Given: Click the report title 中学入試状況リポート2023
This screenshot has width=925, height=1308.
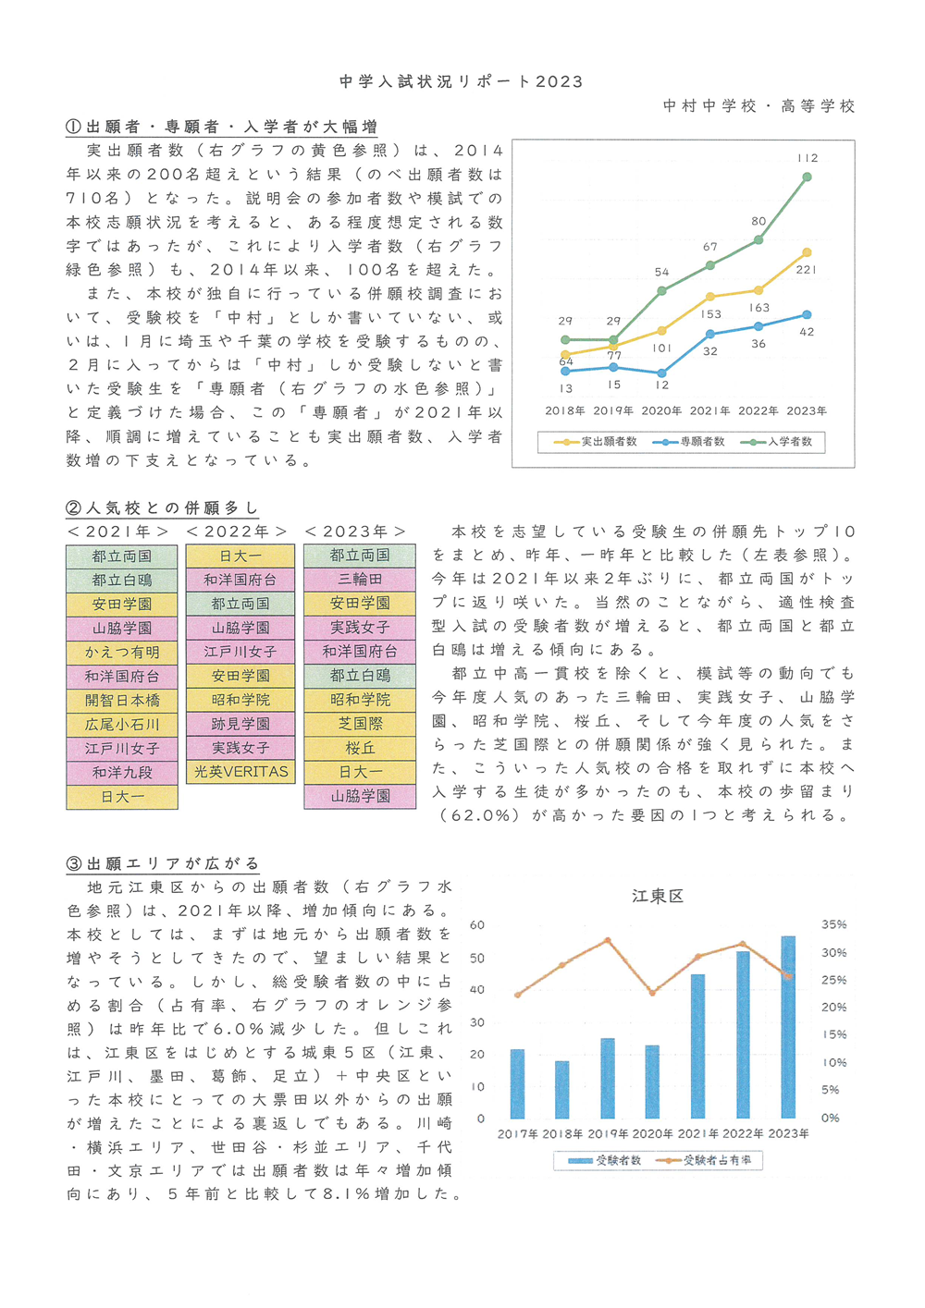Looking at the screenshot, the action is pyautogui.click(x=461, y=81).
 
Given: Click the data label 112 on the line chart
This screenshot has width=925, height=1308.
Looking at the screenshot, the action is pyautogui.click(x=808, y=158).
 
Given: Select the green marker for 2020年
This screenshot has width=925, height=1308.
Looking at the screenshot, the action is pyautogui.click(x=661, y=291).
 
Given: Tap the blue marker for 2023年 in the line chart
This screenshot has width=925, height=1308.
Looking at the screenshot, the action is pyautogui.click(x=807, y=314).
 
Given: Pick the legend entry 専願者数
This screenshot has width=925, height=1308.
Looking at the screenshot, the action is pyautogui.click(x=688, y=442).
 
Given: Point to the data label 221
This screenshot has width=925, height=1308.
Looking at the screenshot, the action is pyautogui.click(x=807, y=270).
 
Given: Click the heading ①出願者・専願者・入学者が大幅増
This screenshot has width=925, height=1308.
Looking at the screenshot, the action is pyautogui.click(x=221, y=127).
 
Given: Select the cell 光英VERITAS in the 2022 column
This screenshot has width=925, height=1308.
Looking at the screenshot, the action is pyautogui.click(x=240, y=772).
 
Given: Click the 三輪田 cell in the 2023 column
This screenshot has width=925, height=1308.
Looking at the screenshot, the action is pyautogui.click(x=360, y=580).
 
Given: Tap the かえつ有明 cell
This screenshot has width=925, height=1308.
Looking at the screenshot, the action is pyautogui.click(x=121, y=653).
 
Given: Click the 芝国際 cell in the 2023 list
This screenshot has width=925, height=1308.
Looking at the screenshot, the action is pyautogui.click(x=360, y=724).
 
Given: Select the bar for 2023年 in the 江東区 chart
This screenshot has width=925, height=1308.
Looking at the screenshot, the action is pyautogui.click(x=788, y=1027).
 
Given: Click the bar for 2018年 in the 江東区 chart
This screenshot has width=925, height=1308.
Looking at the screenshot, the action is pyautogui.click(x=562, y=1090).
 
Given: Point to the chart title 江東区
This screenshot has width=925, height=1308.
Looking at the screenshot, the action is pyautogui.click(x=658, y=897).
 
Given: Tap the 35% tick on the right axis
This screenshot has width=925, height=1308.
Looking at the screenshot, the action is pyautogui.click(x=833, y=924).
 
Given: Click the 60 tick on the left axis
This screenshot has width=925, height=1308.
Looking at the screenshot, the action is pyautogui.click(x=477, y=925).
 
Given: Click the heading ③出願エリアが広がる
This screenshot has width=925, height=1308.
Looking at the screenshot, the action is pyautogui.click(x=163, y=863).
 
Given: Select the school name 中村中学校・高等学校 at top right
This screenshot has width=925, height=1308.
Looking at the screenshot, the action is pyautogui.click(x=759, y=105).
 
